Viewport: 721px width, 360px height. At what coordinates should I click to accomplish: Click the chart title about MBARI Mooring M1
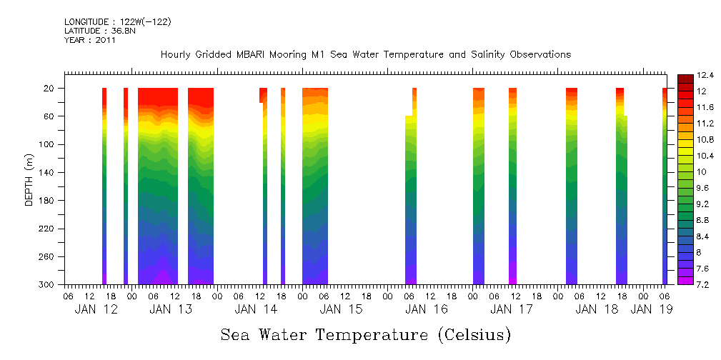365,55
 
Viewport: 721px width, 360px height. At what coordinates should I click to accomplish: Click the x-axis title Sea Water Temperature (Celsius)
365,334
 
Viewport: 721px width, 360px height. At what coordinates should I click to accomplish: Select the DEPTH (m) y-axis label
29,179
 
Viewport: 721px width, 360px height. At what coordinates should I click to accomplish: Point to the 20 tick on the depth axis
50,89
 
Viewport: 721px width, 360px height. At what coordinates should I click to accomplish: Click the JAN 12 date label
96,309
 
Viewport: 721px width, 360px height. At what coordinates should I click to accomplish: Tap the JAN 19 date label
652,309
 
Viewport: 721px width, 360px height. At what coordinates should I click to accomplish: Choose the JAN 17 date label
512,309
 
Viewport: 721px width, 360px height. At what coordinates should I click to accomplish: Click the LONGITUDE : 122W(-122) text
118,22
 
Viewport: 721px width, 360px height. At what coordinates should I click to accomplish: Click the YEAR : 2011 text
89,40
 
